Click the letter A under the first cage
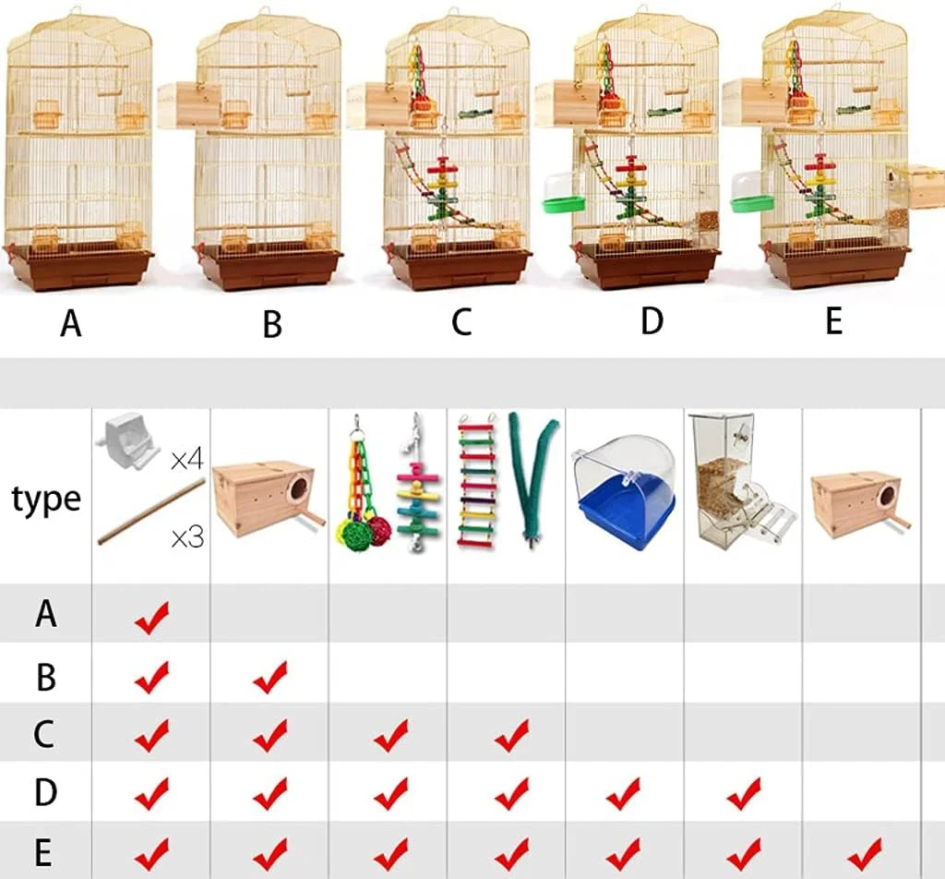[x=70, y=323]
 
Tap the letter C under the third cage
[x=461, y=321]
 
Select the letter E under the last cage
[x=833, y=320]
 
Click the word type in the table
[x=46, y=500]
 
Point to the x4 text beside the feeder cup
[x=186, y=460]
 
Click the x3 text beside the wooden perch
[x=187, y=536]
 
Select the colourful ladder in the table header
[x=477, y=480]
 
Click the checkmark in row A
[x=152, y=618]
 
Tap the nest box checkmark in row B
[x=270, y=677]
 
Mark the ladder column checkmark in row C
[x=511, y=736]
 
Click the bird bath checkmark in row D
[x=623, y=793]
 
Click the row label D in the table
[x=45, y=792]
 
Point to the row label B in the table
[x=46, y=677]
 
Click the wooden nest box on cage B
[x=189, y=105]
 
